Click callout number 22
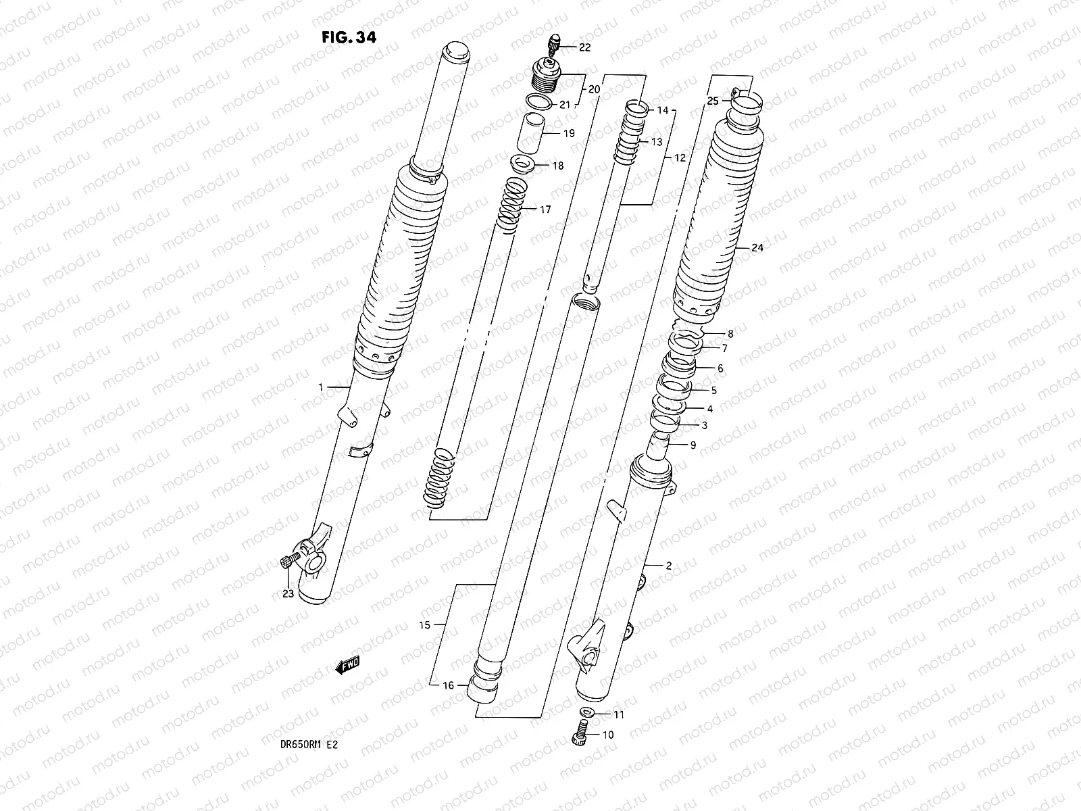(584, 47)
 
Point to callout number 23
(288, 594)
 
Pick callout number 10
(608, 735)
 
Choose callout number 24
(757, 248)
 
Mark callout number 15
(424, 625)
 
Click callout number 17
(545, 210)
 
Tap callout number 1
(322, 387)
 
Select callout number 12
(680, 157)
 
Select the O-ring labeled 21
(538, 102)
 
